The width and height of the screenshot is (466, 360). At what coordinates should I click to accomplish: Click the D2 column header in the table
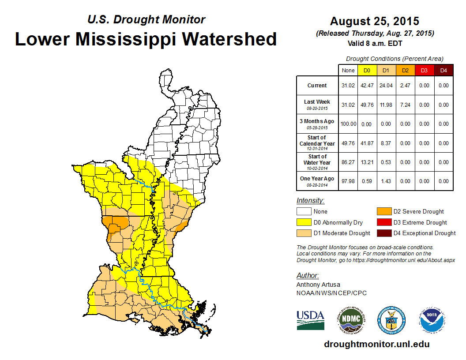pos(405,71)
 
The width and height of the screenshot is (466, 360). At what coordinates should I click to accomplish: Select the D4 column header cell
pos(443,71)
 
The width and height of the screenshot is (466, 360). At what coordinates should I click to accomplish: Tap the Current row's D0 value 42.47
pos(366,86)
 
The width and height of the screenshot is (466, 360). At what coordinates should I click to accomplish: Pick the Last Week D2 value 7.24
pos(405,105)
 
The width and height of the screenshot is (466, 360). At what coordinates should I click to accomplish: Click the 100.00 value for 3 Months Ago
pos(348,124)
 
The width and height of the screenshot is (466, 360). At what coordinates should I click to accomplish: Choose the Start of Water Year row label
pos(317,162)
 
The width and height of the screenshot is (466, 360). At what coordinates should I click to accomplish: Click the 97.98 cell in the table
pos(348,181)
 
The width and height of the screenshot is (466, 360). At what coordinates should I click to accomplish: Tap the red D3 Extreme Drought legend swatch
pos(384,222)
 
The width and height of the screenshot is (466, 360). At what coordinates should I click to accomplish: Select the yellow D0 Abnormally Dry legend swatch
pos(304,222)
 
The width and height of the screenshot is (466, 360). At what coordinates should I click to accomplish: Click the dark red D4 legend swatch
pos(384,233)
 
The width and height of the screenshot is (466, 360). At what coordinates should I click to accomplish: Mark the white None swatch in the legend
pos(304,212)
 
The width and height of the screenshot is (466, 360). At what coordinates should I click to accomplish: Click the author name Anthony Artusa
pos(318,285)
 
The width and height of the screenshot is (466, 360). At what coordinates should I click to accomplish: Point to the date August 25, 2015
pos(375,21)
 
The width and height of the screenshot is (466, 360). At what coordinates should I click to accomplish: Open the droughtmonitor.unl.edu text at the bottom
pos(376,344)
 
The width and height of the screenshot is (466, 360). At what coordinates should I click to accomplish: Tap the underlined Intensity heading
pos(310,201)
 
